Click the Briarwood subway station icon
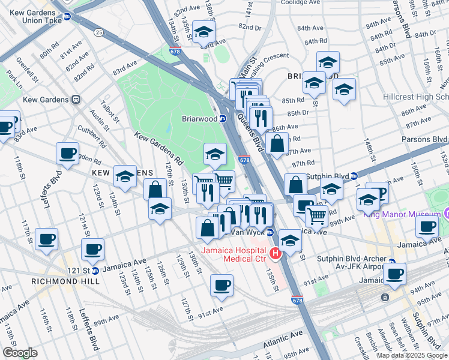(222, 119)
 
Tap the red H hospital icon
(276, 254)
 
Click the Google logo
(20, 353)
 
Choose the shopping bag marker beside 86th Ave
(276, 144)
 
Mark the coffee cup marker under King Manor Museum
(427, 227)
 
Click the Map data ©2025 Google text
(411, 355)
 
